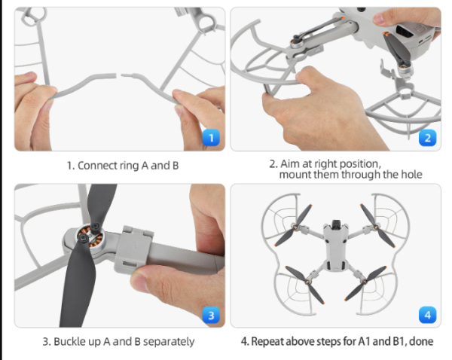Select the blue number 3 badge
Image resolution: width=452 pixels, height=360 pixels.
point(212,314)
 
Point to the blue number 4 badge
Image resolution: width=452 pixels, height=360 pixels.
point(428,314)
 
